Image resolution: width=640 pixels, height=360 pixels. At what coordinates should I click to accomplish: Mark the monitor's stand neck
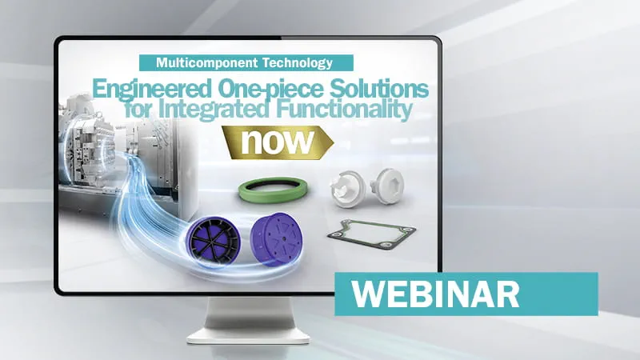(249, 312)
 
